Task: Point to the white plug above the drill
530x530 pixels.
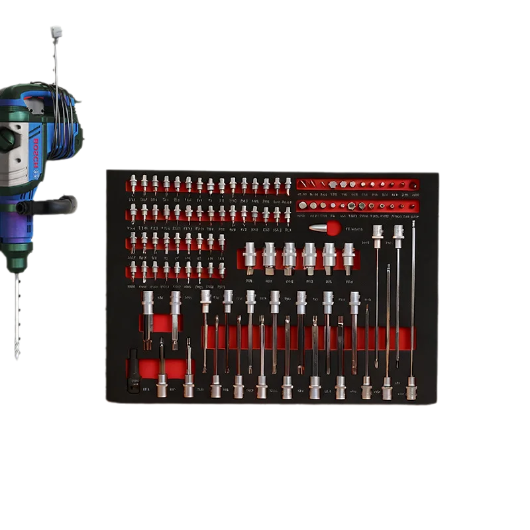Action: click(x=54, y=30)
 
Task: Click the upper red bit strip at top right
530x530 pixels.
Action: click(x=358, y=184)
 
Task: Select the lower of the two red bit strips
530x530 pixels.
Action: click(x=358, y=206)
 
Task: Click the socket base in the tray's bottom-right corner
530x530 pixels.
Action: click(x=411, y=388)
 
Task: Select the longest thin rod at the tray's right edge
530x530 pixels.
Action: click(x=413, y=298)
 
